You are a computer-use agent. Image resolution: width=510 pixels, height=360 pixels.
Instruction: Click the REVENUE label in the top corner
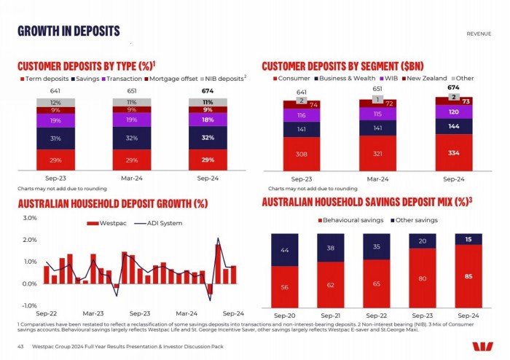tap(479, 34)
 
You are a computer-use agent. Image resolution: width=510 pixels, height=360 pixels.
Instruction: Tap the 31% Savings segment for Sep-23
tap(55, 138)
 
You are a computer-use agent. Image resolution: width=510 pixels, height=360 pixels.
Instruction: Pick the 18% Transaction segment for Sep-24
tap(208, 120)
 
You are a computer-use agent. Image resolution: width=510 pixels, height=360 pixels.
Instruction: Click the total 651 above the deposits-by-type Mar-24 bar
tap(131, 91)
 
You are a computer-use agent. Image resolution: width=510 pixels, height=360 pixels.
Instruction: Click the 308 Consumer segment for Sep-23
tap(302, 154)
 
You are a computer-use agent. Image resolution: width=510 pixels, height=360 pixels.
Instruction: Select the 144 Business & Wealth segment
tap(453, 126)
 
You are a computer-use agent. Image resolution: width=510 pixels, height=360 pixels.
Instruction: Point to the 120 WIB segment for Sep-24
tap(453, 112)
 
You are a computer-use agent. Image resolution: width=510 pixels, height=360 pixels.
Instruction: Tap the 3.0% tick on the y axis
tap(29, 218)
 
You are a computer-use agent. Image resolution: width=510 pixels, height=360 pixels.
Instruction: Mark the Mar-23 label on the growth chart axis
tap(93, 312)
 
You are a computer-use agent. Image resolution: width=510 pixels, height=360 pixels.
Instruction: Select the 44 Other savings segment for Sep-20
tap(285, 250)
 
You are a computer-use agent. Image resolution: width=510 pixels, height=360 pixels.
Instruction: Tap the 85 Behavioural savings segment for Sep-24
tap(468, 275)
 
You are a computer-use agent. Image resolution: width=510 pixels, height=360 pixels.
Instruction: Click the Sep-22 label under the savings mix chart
tap(377, 315)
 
